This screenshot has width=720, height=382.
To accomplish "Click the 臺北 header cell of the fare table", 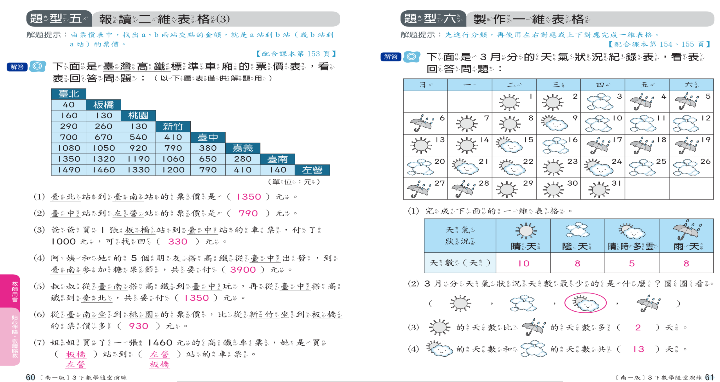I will (x=68, y=94).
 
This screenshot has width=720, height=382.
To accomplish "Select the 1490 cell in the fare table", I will (x=69, y=170).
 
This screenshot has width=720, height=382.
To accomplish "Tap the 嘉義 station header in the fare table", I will (x=242, y=148).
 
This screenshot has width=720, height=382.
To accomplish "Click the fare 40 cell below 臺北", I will (x=68, y=105).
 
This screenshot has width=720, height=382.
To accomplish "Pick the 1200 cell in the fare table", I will (x=173, y=170).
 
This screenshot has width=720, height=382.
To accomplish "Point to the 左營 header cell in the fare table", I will (x=312, y=170).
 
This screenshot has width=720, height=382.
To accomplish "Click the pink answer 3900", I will (x=243, y=270).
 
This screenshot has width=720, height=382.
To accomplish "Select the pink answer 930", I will (x=138, y=326).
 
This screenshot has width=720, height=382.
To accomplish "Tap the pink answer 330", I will (x=177, y=241).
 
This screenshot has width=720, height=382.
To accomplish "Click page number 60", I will (x=30, y=377).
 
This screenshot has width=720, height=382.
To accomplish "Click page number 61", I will (x=710, y=377).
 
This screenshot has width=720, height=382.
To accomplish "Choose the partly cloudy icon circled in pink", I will (x=585, y=303).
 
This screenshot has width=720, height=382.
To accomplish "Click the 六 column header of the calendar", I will (x=691, y=85).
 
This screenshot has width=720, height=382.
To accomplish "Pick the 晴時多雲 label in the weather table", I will (x=632, y=246).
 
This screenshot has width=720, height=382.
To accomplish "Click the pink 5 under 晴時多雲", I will (x=632, y=263).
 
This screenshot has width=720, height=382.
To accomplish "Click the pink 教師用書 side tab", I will (x=15, y=291).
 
